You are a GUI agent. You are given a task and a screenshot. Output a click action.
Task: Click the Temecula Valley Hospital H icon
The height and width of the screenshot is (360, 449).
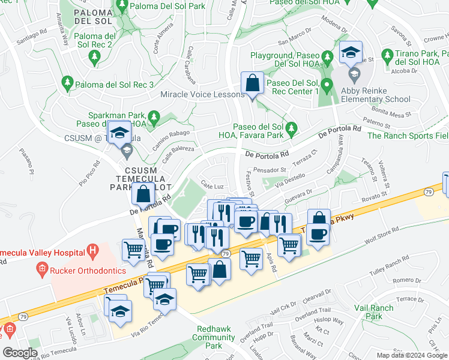click(x=92, y=249)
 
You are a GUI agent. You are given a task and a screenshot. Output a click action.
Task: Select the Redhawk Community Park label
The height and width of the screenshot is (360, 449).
click(x=214, y=337)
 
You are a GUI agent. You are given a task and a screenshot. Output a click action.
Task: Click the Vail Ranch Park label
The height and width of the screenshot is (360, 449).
click(x=373, y=312)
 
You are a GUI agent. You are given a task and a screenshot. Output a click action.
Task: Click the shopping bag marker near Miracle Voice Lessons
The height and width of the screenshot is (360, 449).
click(x=253, y=83)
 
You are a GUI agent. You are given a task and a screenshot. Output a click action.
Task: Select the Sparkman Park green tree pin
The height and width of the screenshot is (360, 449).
click(x=154, y=115)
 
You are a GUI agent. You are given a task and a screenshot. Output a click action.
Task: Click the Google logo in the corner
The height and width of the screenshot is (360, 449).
click(x=20, y=353)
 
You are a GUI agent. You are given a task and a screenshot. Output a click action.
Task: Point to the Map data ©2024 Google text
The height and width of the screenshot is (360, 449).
click(x=412, y=355)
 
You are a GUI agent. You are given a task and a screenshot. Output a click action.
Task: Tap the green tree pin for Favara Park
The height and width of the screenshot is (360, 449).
click(x=291, y=127)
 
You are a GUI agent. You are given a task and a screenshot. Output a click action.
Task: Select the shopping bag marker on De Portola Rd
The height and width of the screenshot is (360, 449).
click(x=143, y=194)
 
